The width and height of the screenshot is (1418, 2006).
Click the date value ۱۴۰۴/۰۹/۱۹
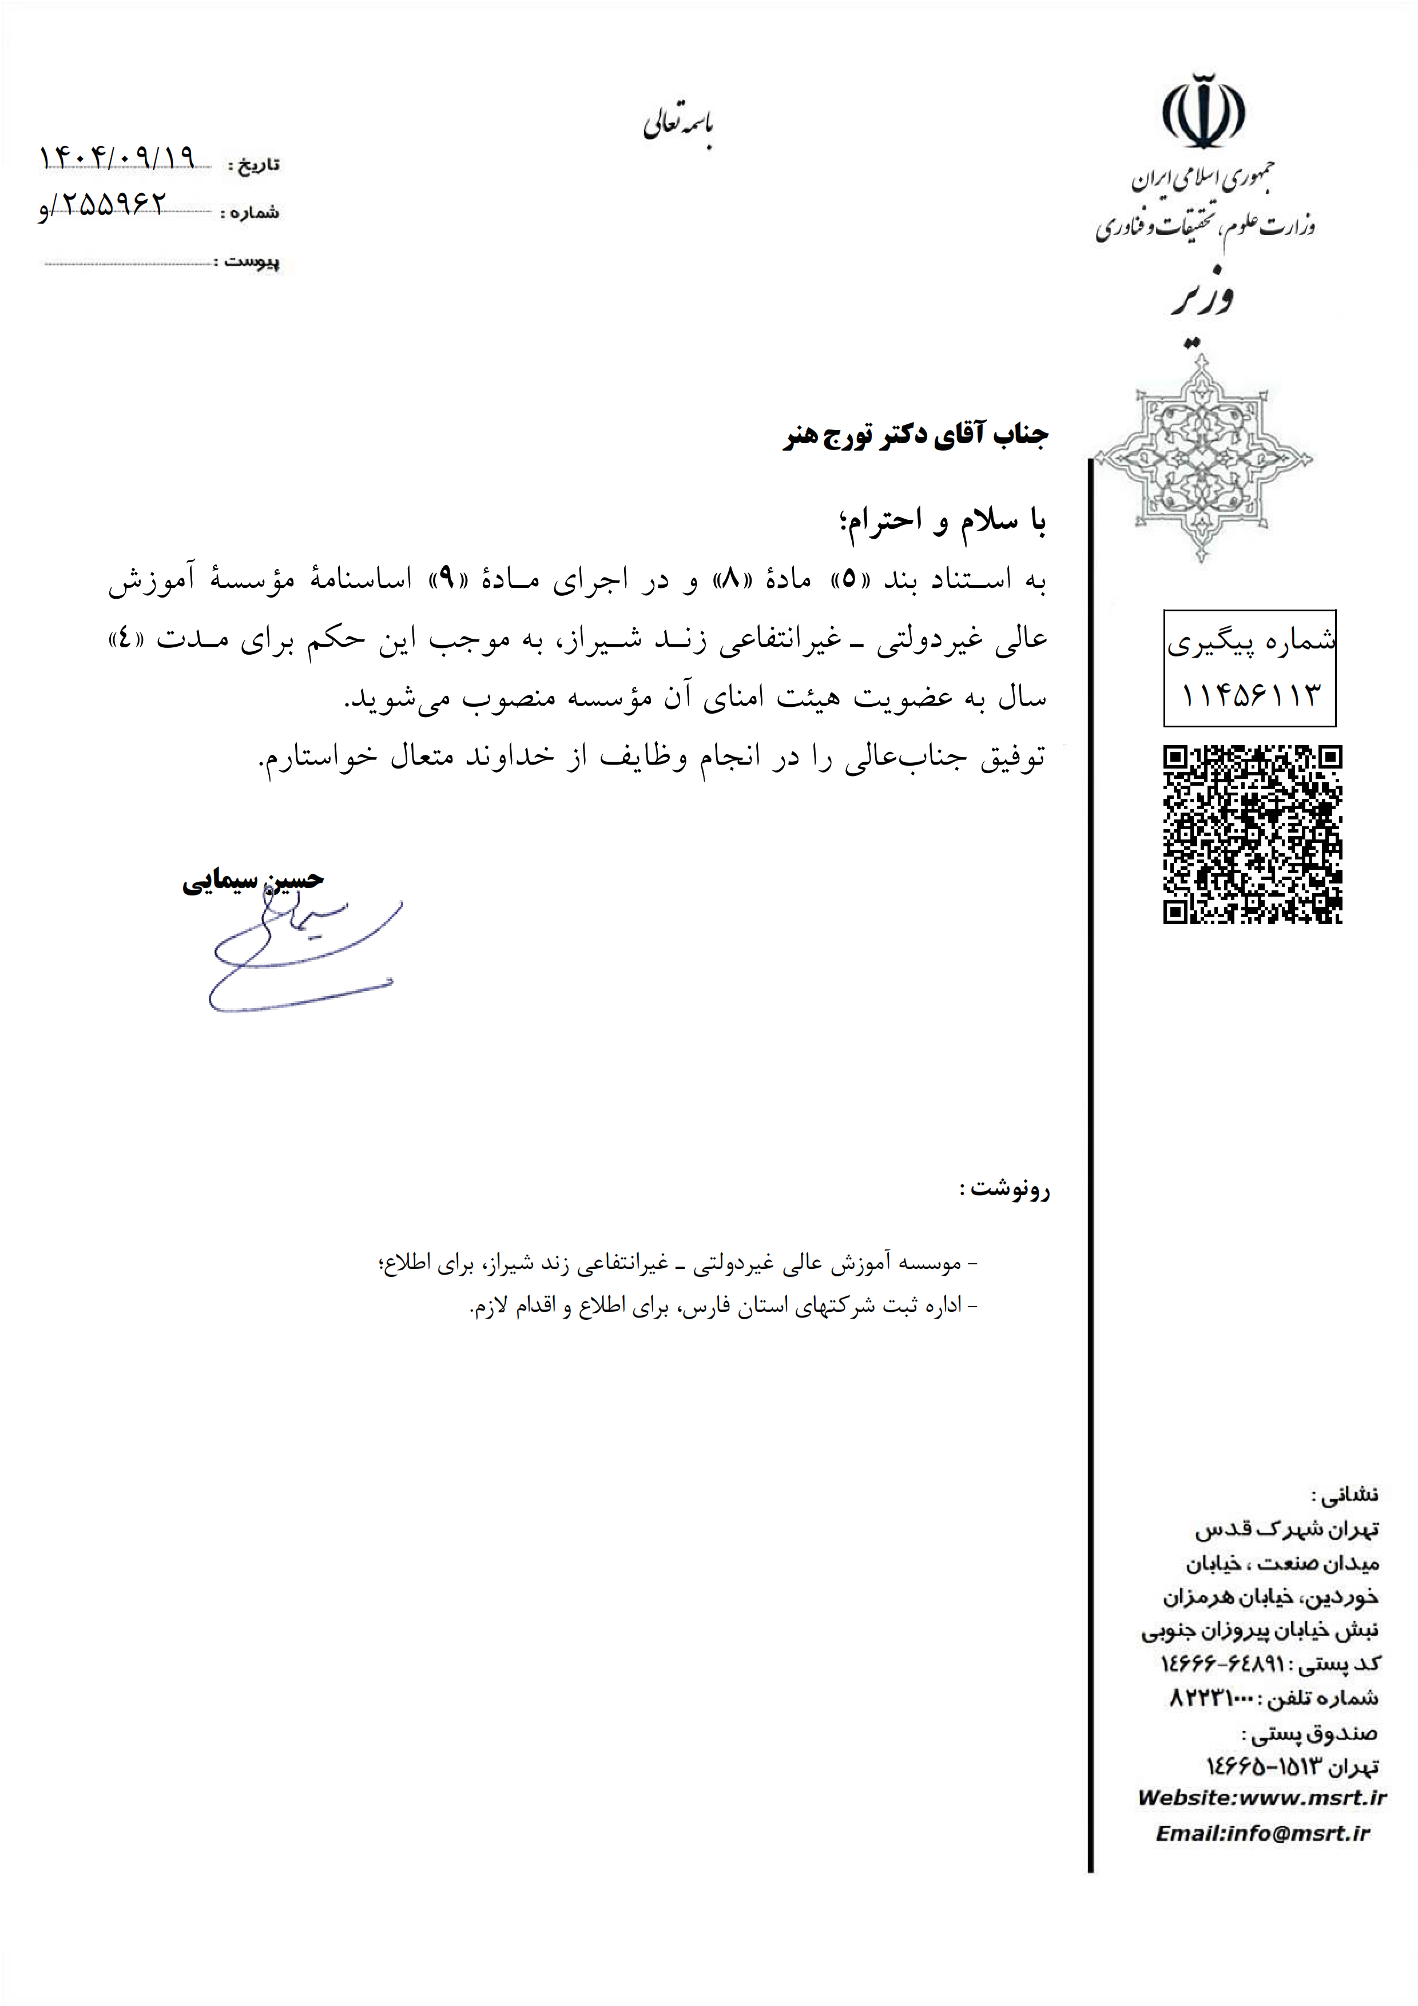point(116,158)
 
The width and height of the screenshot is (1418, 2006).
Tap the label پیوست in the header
point(252,261)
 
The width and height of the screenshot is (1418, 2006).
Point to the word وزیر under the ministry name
point(1202,297)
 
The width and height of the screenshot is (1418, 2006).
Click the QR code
point(1252,834)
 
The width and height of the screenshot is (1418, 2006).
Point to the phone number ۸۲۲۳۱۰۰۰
point(1211,1698)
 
